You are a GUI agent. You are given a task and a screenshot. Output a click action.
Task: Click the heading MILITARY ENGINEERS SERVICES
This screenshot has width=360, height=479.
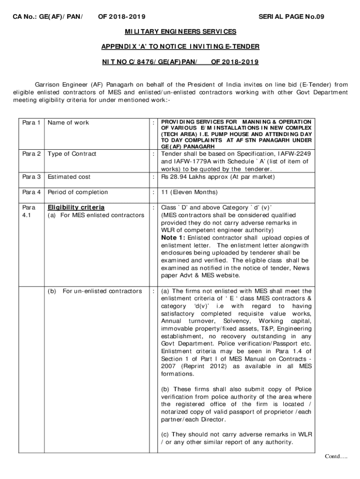180,31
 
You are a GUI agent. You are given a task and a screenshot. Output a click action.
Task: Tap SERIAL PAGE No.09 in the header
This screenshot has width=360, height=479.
291,17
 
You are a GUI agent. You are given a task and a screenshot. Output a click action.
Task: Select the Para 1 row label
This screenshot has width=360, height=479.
31,123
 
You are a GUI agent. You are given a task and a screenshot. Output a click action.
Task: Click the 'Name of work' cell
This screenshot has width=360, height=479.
68,123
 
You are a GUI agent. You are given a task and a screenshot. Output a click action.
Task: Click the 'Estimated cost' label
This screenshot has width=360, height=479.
69,177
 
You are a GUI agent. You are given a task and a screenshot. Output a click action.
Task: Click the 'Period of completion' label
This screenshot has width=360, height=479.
78,192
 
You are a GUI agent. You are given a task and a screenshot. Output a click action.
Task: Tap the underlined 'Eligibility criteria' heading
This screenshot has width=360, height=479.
76,207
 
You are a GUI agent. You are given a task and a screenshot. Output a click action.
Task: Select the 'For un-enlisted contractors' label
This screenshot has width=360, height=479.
102,291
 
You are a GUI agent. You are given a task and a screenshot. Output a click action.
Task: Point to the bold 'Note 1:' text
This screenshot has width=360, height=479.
173,238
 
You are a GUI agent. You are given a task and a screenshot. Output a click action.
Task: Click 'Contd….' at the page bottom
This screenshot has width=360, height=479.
336,457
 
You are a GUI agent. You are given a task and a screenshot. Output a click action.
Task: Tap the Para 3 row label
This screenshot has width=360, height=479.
31,177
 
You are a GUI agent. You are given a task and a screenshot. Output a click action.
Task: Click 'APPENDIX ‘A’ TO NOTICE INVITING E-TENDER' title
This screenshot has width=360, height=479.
180,46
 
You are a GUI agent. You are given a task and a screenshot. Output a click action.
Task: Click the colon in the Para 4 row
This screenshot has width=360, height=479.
154,192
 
